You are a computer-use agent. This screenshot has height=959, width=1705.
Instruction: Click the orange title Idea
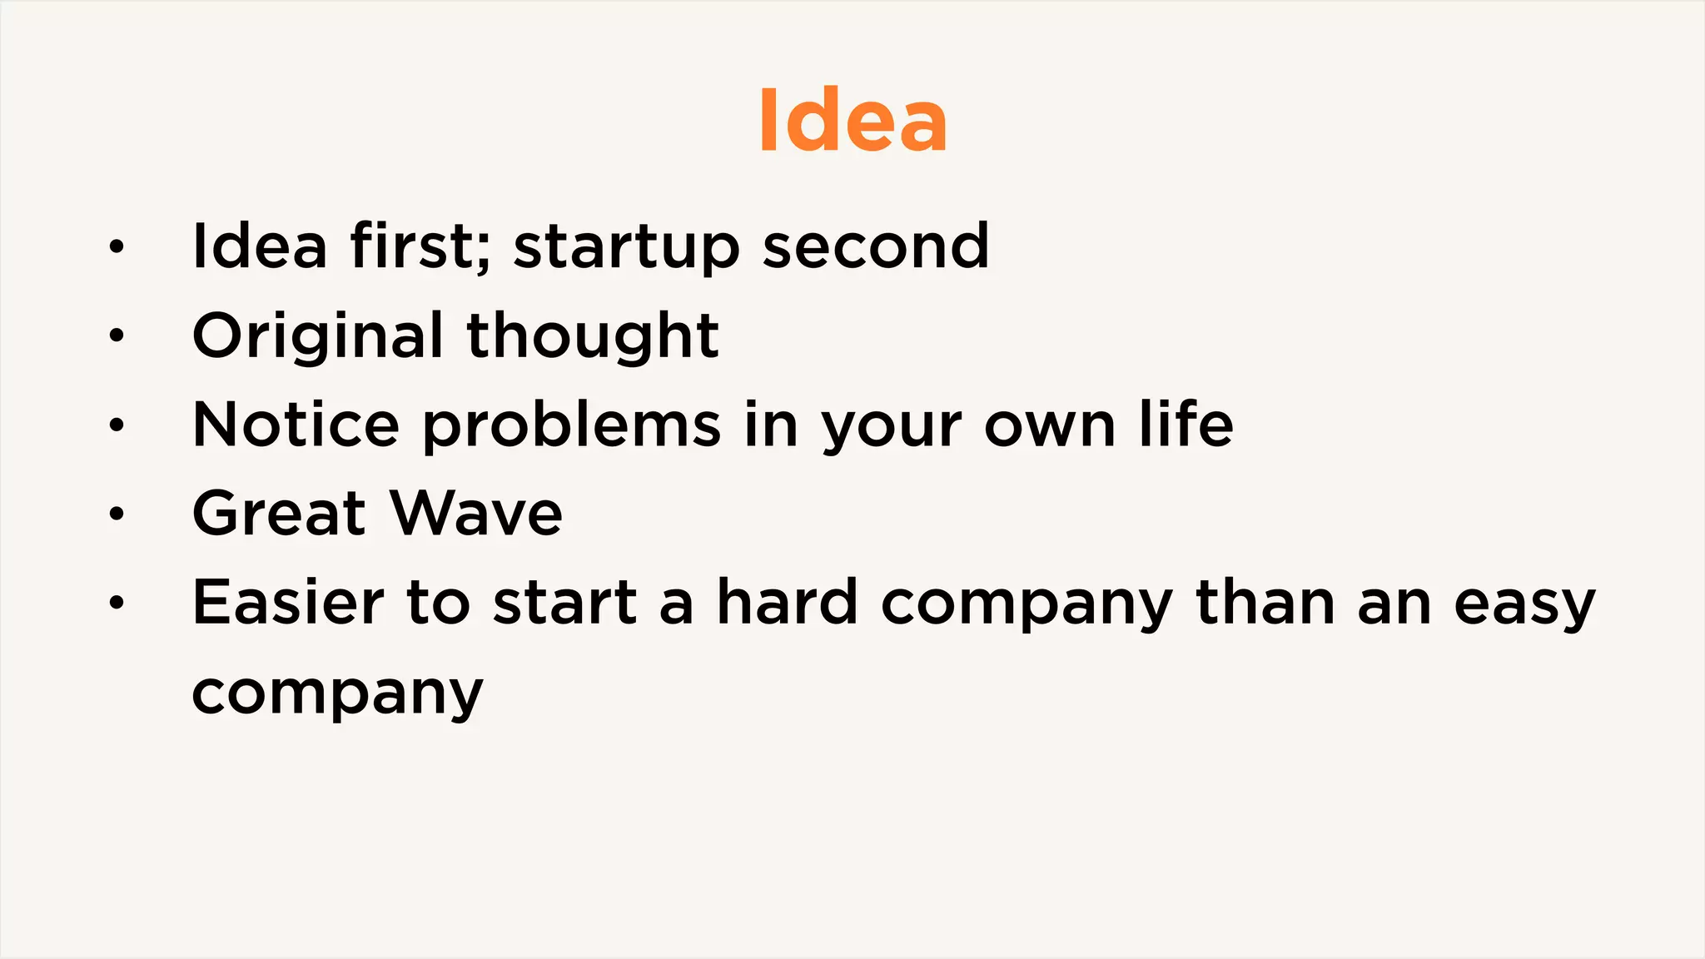pyautogui.click(x=852, y=122)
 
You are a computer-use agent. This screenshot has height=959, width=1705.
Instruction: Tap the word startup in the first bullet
pyautogui.click(x=626, y=247)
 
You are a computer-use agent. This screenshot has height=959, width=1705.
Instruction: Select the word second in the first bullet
pyautogui.click(x=876, y=247)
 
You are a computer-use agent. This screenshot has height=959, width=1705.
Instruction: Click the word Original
pyautogui.click(x=317, y=336)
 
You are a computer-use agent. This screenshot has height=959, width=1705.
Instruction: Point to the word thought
pyautogui.click(x=593, y=336)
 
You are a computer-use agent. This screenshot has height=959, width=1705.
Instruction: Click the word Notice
pyautogui.click(x=296, y=425)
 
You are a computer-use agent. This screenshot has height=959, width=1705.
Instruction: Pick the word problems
pyautogui.click(x=571, y=426)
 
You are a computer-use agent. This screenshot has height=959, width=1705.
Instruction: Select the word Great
pyautogui.click(x=280, y=514)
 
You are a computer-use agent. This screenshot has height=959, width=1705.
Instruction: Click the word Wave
pyautogui.click(x=477, y=514)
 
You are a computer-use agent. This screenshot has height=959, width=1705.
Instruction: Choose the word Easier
pyautogui.click(x=288, y=603)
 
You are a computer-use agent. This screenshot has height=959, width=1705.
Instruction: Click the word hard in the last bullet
pyautogui.click(x=787, y=603)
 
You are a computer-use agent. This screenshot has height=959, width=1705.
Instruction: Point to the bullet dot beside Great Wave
pyautogui.click(x=117, y=514)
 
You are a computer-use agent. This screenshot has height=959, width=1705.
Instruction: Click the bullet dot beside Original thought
pyautogui.click(x=117, y=336)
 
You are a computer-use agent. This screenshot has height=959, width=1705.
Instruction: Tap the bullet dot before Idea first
pyautogui.click(x=117, y=247)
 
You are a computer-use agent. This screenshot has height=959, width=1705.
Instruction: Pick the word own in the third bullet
pyautogui.click(x=1050, y=426)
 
